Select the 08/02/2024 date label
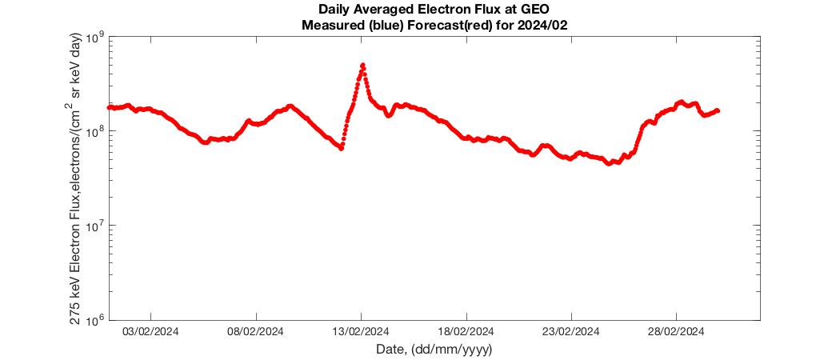point(255,331)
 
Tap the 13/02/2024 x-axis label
point(361,331)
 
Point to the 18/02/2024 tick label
point(466,331)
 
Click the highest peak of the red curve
point(362,66)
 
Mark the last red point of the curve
point(717,110)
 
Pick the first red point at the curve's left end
point(110,107)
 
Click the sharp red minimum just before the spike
point(341,148)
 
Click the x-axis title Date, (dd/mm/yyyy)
point(434,350)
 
